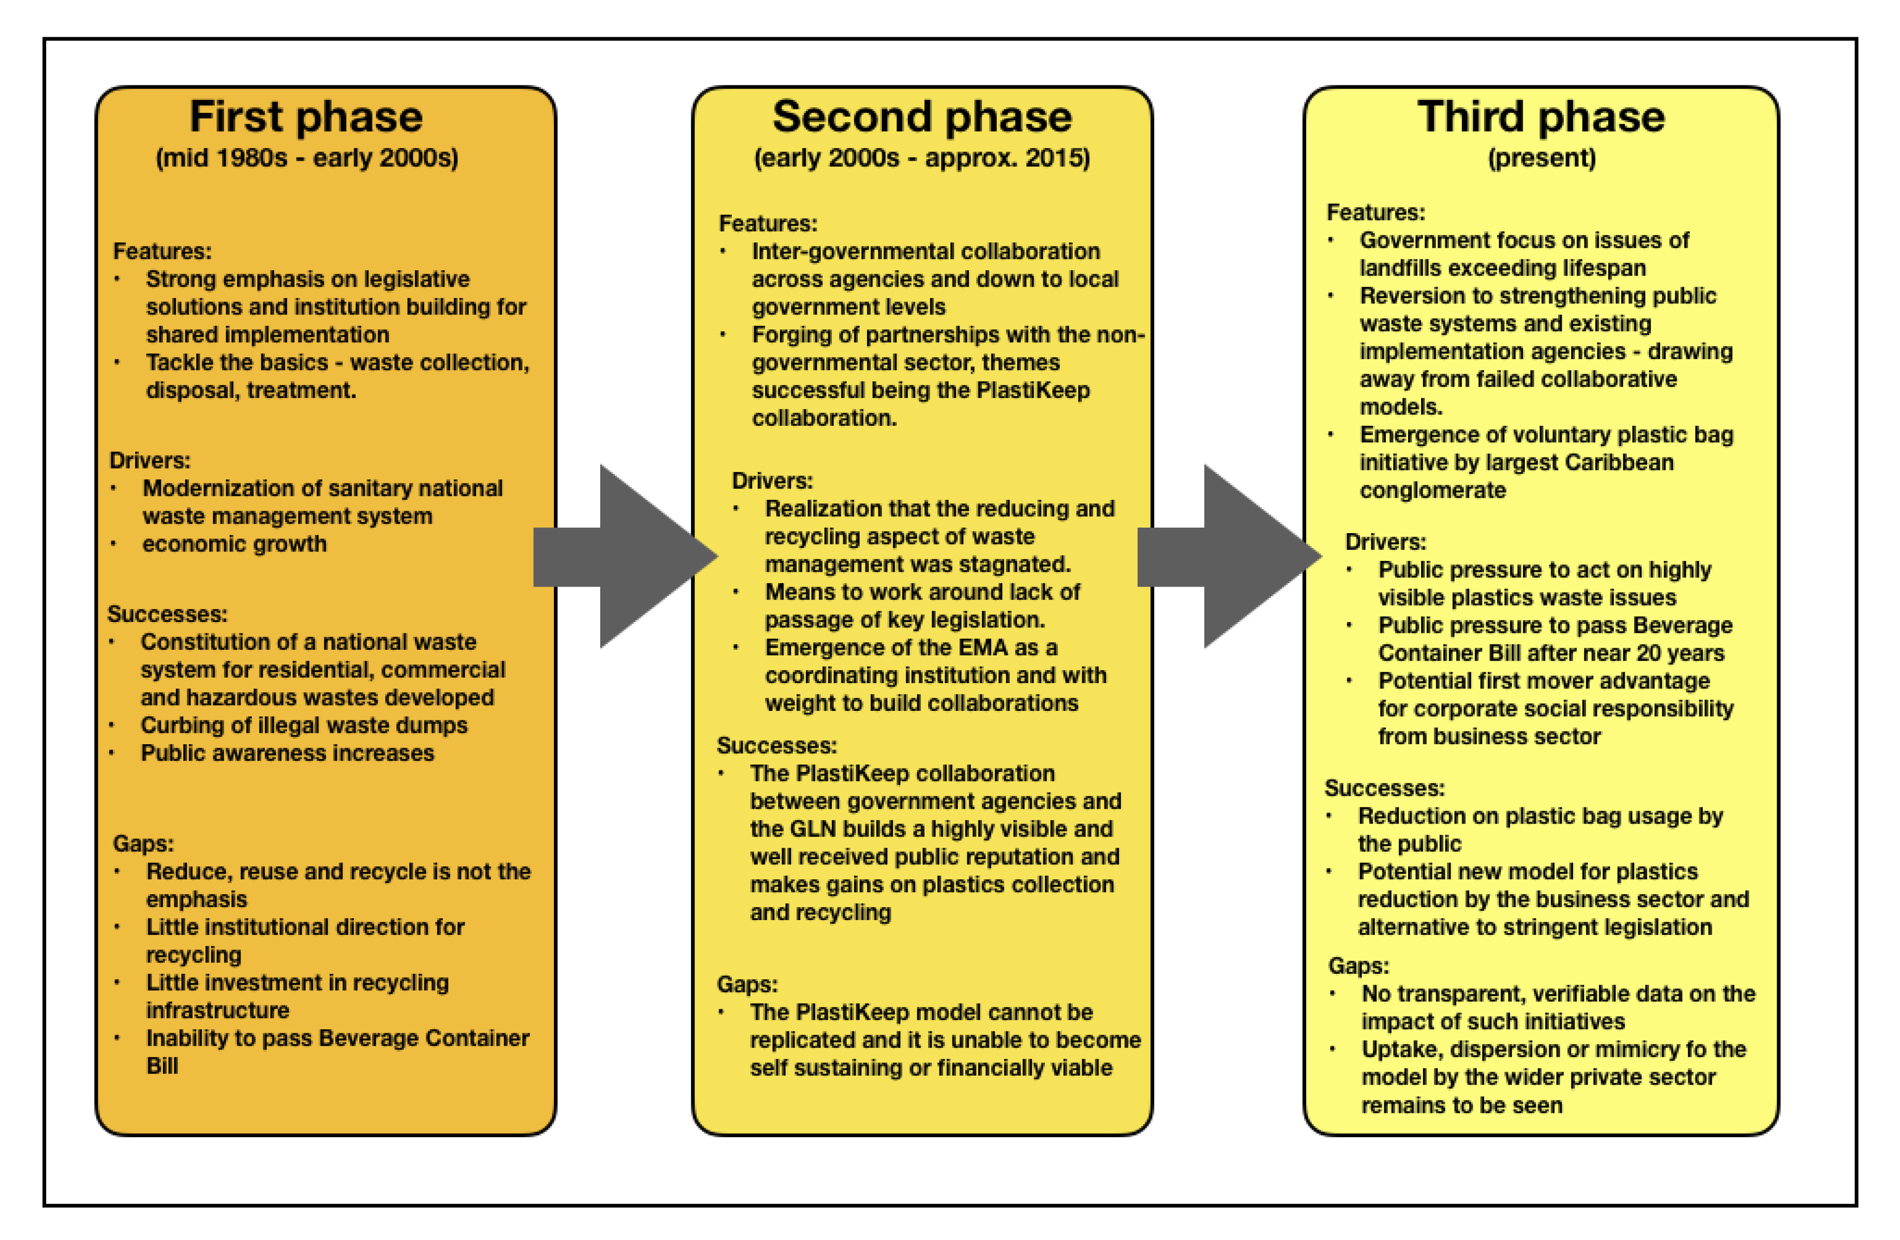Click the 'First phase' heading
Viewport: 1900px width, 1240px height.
click(x=306, y=117)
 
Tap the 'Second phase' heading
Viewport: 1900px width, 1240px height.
click(x=922, y=117)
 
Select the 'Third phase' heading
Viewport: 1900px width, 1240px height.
click(x=1541, y=117)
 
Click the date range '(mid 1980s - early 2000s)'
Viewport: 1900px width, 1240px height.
click(x=307, y=158)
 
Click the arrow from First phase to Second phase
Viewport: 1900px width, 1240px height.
click(x=631, y=556)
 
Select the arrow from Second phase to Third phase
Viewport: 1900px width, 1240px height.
click(x=1233, y=556)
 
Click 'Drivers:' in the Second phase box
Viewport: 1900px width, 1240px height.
click(x=772, y=481)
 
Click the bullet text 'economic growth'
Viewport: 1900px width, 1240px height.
click(x=234, y=544)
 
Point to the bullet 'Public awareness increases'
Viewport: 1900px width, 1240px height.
click(x=287, y=753)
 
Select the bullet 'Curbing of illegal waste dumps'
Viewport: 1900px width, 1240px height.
click(x=304, y=725)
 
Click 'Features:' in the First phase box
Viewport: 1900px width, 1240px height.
click(x=162, y=251)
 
